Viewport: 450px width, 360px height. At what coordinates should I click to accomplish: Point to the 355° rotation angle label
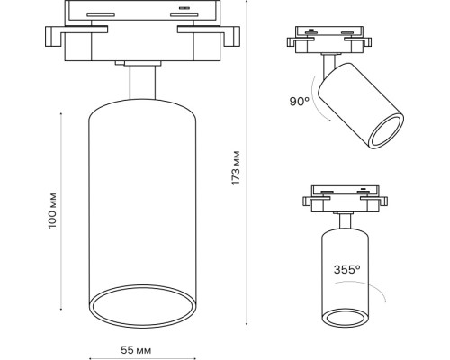click(x=347, y=268)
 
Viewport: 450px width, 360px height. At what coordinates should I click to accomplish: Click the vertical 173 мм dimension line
click(x=249, y=167)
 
